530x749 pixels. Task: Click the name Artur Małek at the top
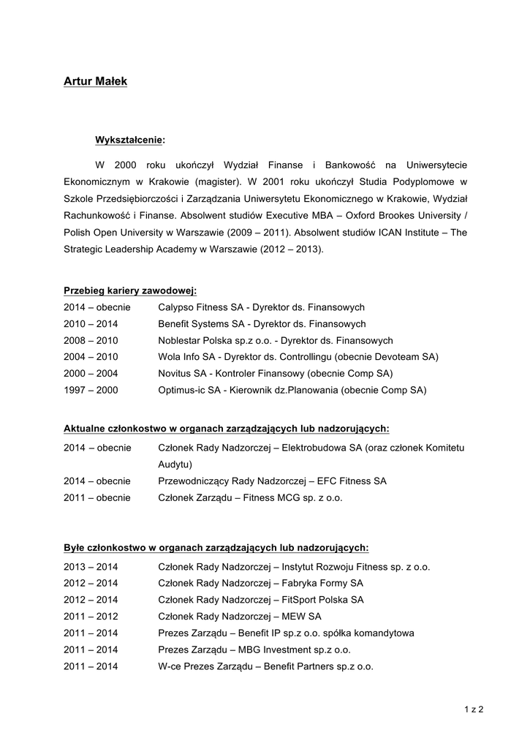(x=95, y=81)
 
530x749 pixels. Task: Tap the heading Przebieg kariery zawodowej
(x=129, y=290)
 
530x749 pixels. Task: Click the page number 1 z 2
(x=474, y=709)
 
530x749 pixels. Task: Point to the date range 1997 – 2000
(x=91, y=391)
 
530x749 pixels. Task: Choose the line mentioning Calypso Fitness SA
(x=261, y=307)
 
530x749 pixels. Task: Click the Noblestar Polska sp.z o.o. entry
(x=275, y=341)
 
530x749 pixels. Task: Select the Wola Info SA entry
(x=298, y=357)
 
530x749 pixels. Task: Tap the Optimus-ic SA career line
(x=292, y=391)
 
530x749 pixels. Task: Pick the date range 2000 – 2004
(x=91, y=374)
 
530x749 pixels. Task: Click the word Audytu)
(x=175, y=464)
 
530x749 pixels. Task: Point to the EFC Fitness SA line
(x=272, y=481)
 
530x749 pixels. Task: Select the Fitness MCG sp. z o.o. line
(x=250, y=497)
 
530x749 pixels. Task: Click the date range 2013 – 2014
(x=91, y=567)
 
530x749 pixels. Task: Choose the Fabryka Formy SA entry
(x=260, y=583)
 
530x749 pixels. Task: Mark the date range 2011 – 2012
(x=91, y=617)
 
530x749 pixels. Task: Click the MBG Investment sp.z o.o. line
(x=254, y=650)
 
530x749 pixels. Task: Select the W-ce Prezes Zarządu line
(x=265, y=666)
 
